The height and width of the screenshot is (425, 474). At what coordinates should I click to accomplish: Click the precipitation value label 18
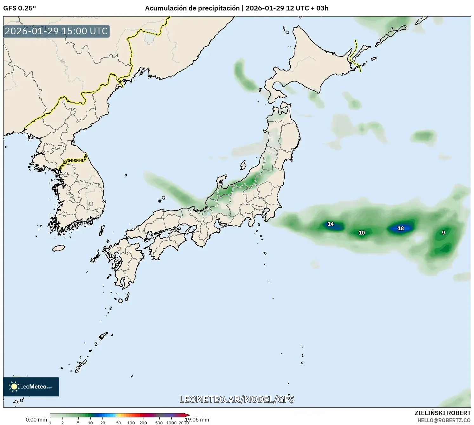tap(401, 228)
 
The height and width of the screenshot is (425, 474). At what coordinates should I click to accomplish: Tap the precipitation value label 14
tap(331, 224)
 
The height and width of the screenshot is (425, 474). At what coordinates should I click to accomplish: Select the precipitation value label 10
tap(362, 233)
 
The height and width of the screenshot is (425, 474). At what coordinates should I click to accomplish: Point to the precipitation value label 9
tap(444, 233)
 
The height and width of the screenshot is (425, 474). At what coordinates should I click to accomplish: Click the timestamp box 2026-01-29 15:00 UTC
tap(56, 31)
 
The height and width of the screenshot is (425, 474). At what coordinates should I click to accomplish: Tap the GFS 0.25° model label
tap(19, 8)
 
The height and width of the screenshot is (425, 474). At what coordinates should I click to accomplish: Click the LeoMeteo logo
tap(31, 387)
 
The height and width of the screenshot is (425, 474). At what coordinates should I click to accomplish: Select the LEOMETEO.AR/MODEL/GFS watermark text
tap(237, 399)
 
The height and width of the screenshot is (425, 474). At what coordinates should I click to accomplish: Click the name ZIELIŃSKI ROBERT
tap(443, 413)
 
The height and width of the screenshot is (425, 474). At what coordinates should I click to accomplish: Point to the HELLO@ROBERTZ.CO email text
tap(444, 420)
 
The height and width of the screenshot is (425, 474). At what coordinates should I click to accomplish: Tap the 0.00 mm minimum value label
tap(36, 420)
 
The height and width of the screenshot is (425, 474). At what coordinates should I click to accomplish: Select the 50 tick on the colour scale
tap(119, 422)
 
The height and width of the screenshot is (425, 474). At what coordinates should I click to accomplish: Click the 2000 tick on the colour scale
tap(184, 422)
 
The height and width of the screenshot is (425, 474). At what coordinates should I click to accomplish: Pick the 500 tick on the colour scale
tap(159, 422)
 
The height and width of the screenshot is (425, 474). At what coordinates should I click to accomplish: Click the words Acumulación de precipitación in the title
tap(192, 8)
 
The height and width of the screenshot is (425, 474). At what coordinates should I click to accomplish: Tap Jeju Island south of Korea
tap(58, 248)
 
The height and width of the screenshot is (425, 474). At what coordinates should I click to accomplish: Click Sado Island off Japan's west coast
tap(243, 165)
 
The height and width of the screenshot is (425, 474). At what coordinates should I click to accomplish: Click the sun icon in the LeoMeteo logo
tap(14, 387)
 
